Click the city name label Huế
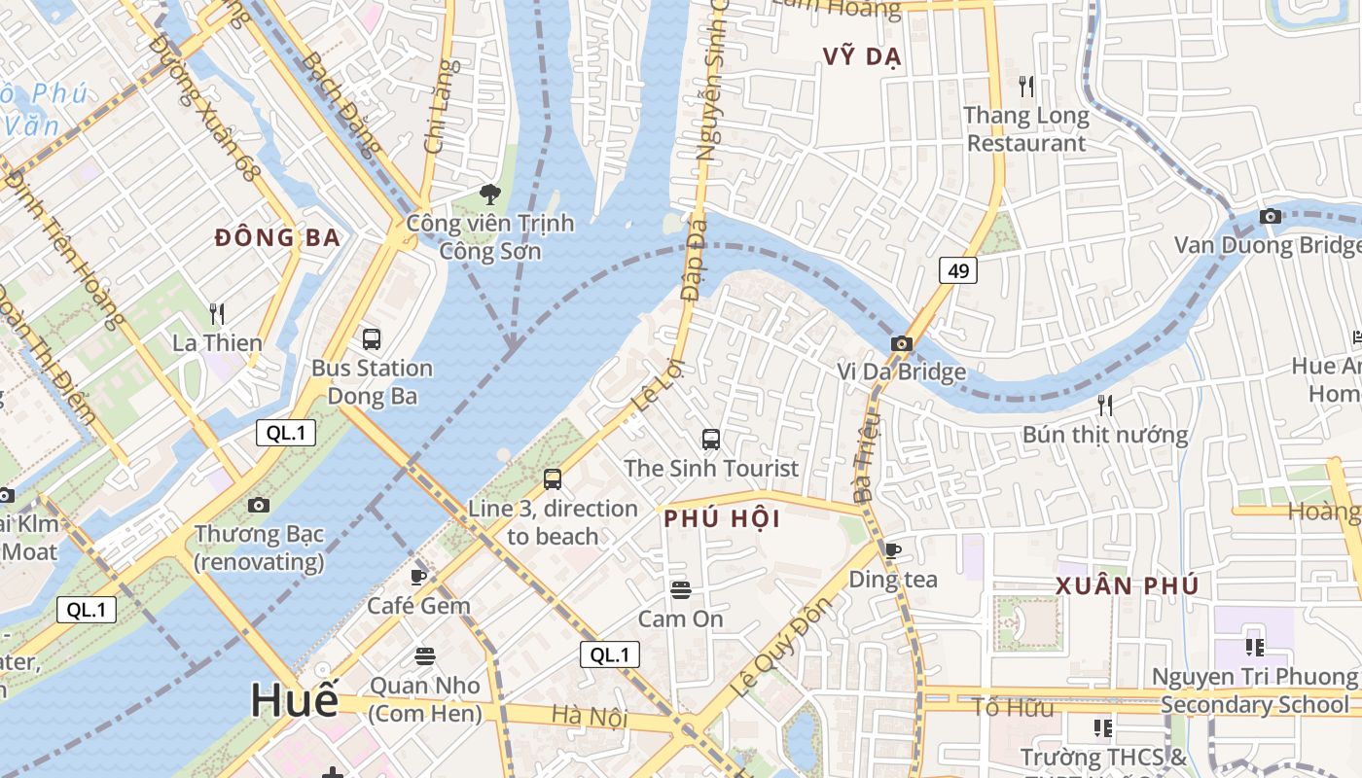point(295,700)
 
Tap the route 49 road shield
point(958,270)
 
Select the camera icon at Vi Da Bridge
point(902,343)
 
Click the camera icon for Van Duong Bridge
point(1270,216)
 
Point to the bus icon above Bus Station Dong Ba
point(372,339)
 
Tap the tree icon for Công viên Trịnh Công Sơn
point(490,194)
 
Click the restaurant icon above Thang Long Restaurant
point(1026,87)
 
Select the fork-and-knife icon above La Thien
point(217,313)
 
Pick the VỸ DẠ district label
point(862,56)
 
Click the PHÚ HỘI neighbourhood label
point(722,519)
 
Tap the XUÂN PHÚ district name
point(1127,586)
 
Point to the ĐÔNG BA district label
point(277,237)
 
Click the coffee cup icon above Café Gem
point(418,577)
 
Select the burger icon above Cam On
point(680,589)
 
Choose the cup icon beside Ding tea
point(892,550)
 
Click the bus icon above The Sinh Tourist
point(711,440)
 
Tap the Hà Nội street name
point(590,717)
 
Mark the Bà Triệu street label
point(865,456)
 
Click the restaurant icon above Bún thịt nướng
point(1104,405)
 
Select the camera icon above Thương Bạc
point(258,505)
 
